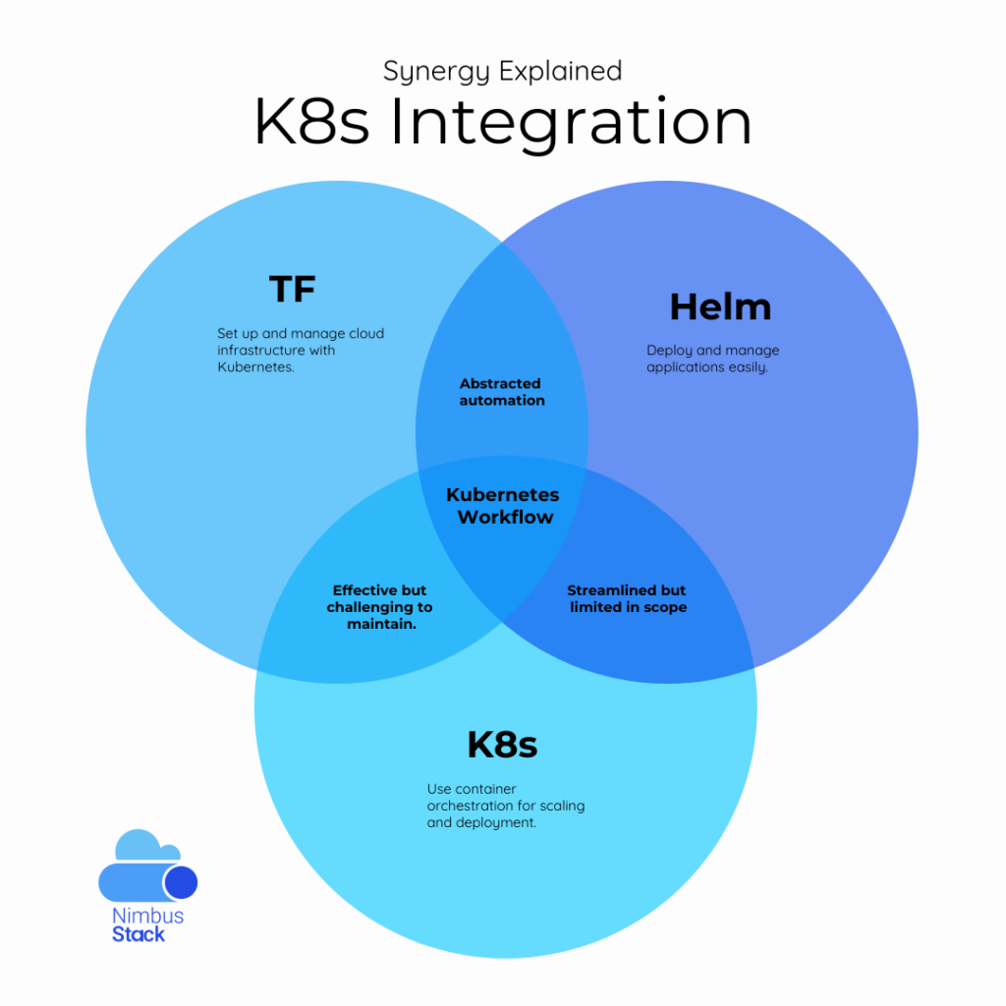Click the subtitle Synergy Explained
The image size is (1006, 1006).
(x=502, y=72)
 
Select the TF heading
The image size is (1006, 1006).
(x=293, y=290)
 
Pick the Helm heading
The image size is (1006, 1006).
(x=720, y=307)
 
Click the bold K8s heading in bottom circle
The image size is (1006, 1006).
(x=502, y=745)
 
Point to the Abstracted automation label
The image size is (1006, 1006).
(x=501, y=392)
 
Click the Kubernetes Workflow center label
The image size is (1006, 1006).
(x=503, y=506)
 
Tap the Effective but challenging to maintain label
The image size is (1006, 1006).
(x=379, y=607)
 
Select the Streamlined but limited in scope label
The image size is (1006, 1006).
(x=627, y=599)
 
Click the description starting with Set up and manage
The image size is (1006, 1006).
(x=300, y=351)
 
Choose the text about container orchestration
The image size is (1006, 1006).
(x=505, y=806)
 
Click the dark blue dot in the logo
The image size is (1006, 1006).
(x=181, y=882)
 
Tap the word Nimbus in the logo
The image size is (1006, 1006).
(x=147, y=916)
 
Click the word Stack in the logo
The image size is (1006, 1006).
(x=139, y=934)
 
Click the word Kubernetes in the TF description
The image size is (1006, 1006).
(x=254, y=367)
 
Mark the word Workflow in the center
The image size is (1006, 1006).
(x=505, y=517)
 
